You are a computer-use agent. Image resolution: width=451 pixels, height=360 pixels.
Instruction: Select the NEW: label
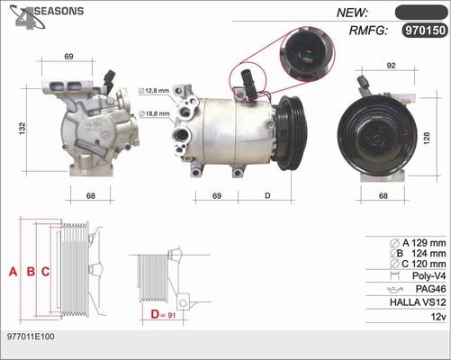point(354,13)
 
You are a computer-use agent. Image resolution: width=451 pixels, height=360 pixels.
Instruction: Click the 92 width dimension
point(392,65)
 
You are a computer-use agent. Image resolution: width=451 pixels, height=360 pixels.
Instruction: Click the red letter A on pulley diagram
point(13,271)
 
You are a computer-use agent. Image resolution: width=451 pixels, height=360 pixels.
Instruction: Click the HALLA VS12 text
point(417,303)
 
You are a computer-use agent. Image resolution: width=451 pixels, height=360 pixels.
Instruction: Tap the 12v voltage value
point(437,318)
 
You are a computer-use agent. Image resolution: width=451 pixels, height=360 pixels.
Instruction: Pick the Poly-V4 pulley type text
point(426,275)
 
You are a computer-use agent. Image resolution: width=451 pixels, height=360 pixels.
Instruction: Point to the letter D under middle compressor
point(267,195)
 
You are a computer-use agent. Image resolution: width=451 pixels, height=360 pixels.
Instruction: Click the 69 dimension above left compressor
point(69,57)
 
